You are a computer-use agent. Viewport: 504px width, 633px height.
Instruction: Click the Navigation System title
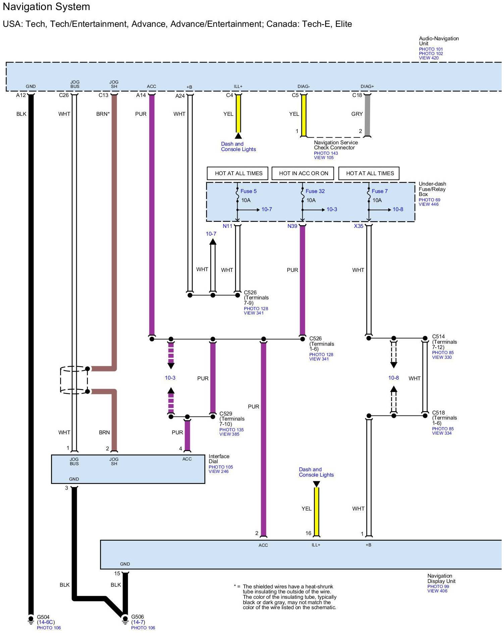46,7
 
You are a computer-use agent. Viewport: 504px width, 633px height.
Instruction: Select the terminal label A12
21,95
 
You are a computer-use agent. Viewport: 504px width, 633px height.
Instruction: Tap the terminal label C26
64,95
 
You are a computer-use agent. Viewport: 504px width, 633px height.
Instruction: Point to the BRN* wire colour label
103,114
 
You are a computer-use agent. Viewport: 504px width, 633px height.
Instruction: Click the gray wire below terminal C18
367,115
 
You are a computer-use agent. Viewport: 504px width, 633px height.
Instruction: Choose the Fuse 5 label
249,191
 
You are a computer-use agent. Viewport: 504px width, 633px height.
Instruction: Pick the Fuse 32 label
315,191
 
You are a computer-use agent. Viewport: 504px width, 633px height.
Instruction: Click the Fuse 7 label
380,191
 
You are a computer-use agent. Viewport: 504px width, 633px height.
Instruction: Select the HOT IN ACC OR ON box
304,173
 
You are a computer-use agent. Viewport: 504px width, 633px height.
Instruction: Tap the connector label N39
292,226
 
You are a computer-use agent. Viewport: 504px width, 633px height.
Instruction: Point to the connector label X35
359,226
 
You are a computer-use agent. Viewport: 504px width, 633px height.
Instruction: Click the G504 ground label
43,617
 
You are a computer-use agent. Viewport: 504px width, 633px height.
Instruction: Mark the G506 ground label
138,617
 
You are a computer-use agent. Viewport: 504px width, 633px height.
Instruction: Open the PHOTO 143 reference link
326,153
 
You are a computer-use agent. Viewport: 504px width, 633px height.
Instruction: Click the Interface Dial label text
219,459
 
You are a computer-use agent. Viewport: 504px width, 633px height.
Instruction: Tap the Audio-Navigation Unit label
439,41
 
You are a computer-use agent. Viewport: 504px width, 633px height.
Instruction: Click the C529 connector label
226,413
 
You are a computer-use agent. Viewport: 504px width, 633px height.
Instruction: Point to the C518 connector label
439,413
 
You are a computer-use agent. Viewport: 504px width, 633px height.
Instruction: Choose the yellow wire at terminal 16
316,512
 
